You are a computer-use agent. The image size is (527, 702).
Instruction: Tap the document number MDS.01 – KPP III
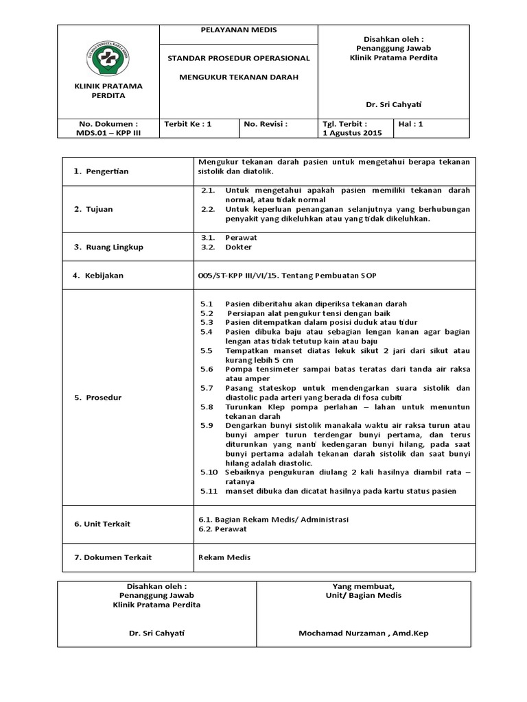click(x=108, y=132)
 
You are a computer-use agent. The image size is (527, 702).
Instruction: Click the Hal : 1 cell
click(x=411, y=124)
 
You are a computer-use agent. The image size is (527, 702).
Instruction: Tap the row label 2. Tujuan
click(x=93, y=209)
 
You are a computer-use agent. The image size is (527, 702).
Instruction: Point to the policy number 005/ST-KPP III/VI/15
click(x=239, y=275)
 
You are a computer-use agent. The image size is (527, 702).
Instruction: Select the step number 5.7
click(x=207, y=388)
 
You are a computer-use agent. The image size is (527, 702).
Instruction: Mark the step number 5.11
click(x=209, y=491)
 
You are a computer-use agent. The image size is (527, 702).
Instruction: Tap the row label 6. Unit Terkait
click(x=102, y=524)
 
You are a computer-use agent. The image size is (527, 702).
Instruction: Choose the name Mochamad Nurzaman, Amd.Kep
click(x=363, y=633)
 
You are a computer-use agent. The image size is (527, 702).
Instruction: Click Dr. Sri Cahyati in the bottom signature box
click(x=156, y=633)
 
